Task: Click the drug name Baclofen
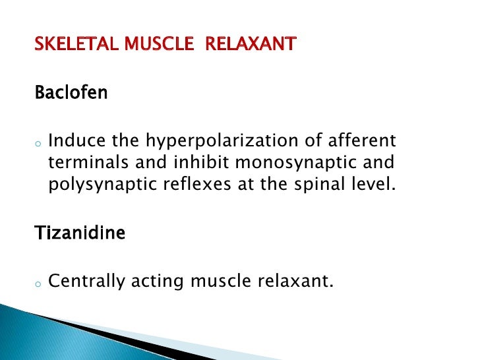pyautogui.click(x=71, y=92)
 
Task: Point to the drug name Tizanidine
pyautogui.click(x=79, y=233)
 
